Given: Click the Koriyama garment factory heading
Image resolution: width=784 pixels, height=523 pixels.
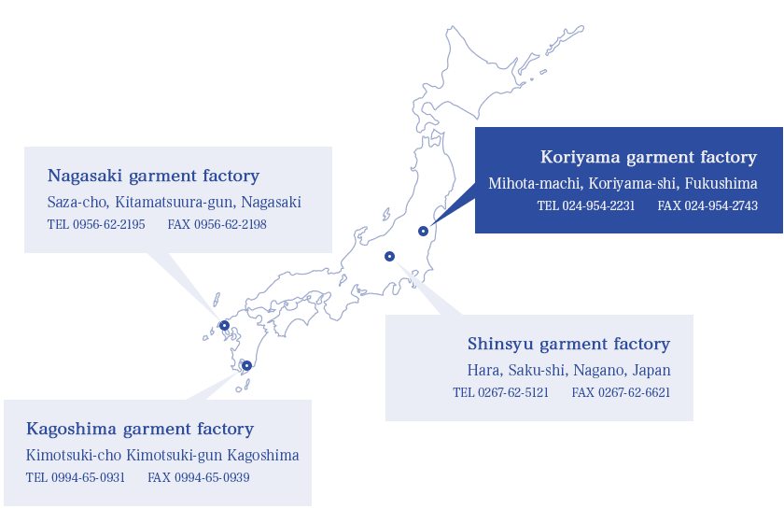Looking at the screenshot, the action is pos(649,158).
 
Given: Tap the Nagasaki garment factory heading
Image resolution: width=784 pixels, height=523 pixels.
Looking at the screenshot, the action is pos(153,177).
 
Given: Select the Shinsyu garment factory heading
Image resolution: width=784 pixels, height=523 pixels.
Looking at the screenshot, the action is pos(569,345).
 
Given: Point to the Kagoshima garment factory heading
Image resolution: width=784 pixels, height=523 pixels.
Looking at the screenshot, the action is pos(140,430).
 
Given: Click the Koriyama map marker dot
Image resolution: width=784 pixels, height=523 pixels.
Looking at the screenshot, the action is pos(423,231).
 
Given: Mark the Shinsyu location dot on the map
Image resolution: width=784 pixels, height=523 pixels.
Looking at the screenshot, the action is pos(389,256).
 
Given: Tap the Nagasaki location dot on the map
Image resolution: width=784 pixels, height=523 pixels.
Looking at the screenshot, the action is pos(225,326).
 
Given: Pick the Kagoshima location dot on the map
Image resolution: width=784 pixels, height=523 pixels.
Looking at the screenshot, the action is pos(246,365).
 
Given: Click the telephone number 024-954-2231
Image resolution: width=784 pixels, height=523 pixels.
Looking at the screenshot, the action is pos(598,205).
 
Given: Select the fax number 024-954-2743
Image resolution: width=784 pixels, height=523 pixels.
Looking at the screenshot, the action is pos(721,205).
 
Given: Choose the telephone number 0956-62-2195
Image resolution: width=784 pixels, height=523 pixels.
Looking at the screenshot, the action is pos(109,224).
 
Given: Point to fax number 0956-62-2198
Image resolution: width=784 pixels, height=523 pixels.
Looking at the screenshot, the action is pos(230,224).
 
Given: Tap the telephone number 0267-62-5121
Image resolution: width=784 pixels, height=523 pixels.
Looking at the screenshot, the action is pos(513,392).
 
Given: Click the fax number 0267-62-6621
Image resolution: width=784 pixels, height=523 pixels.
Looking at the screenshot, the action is pos(634,392).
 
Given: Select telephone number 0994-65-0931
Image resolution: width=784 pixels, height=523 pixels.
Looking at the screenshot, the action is pos(88,477).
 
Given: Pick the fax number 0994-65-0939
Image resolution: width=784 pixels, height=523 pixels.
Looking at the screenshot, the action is pos(212,477).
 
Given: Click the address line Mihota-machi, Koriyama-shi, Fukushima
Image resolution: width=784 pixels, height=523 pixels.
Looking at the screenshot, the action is pos(623,184).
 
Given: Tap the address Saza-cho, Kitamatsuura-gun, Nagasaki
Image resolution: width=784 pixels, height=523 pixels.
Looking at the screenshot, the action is pos(174,202).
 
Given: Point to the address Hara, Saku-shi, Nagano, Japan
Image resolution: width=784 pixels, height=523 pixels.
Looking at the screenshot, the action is pos(569,371).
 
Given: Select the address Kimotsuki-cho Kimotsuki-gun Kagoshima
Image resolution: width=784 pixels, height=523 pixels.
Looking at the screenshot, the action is pos(162,456).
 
